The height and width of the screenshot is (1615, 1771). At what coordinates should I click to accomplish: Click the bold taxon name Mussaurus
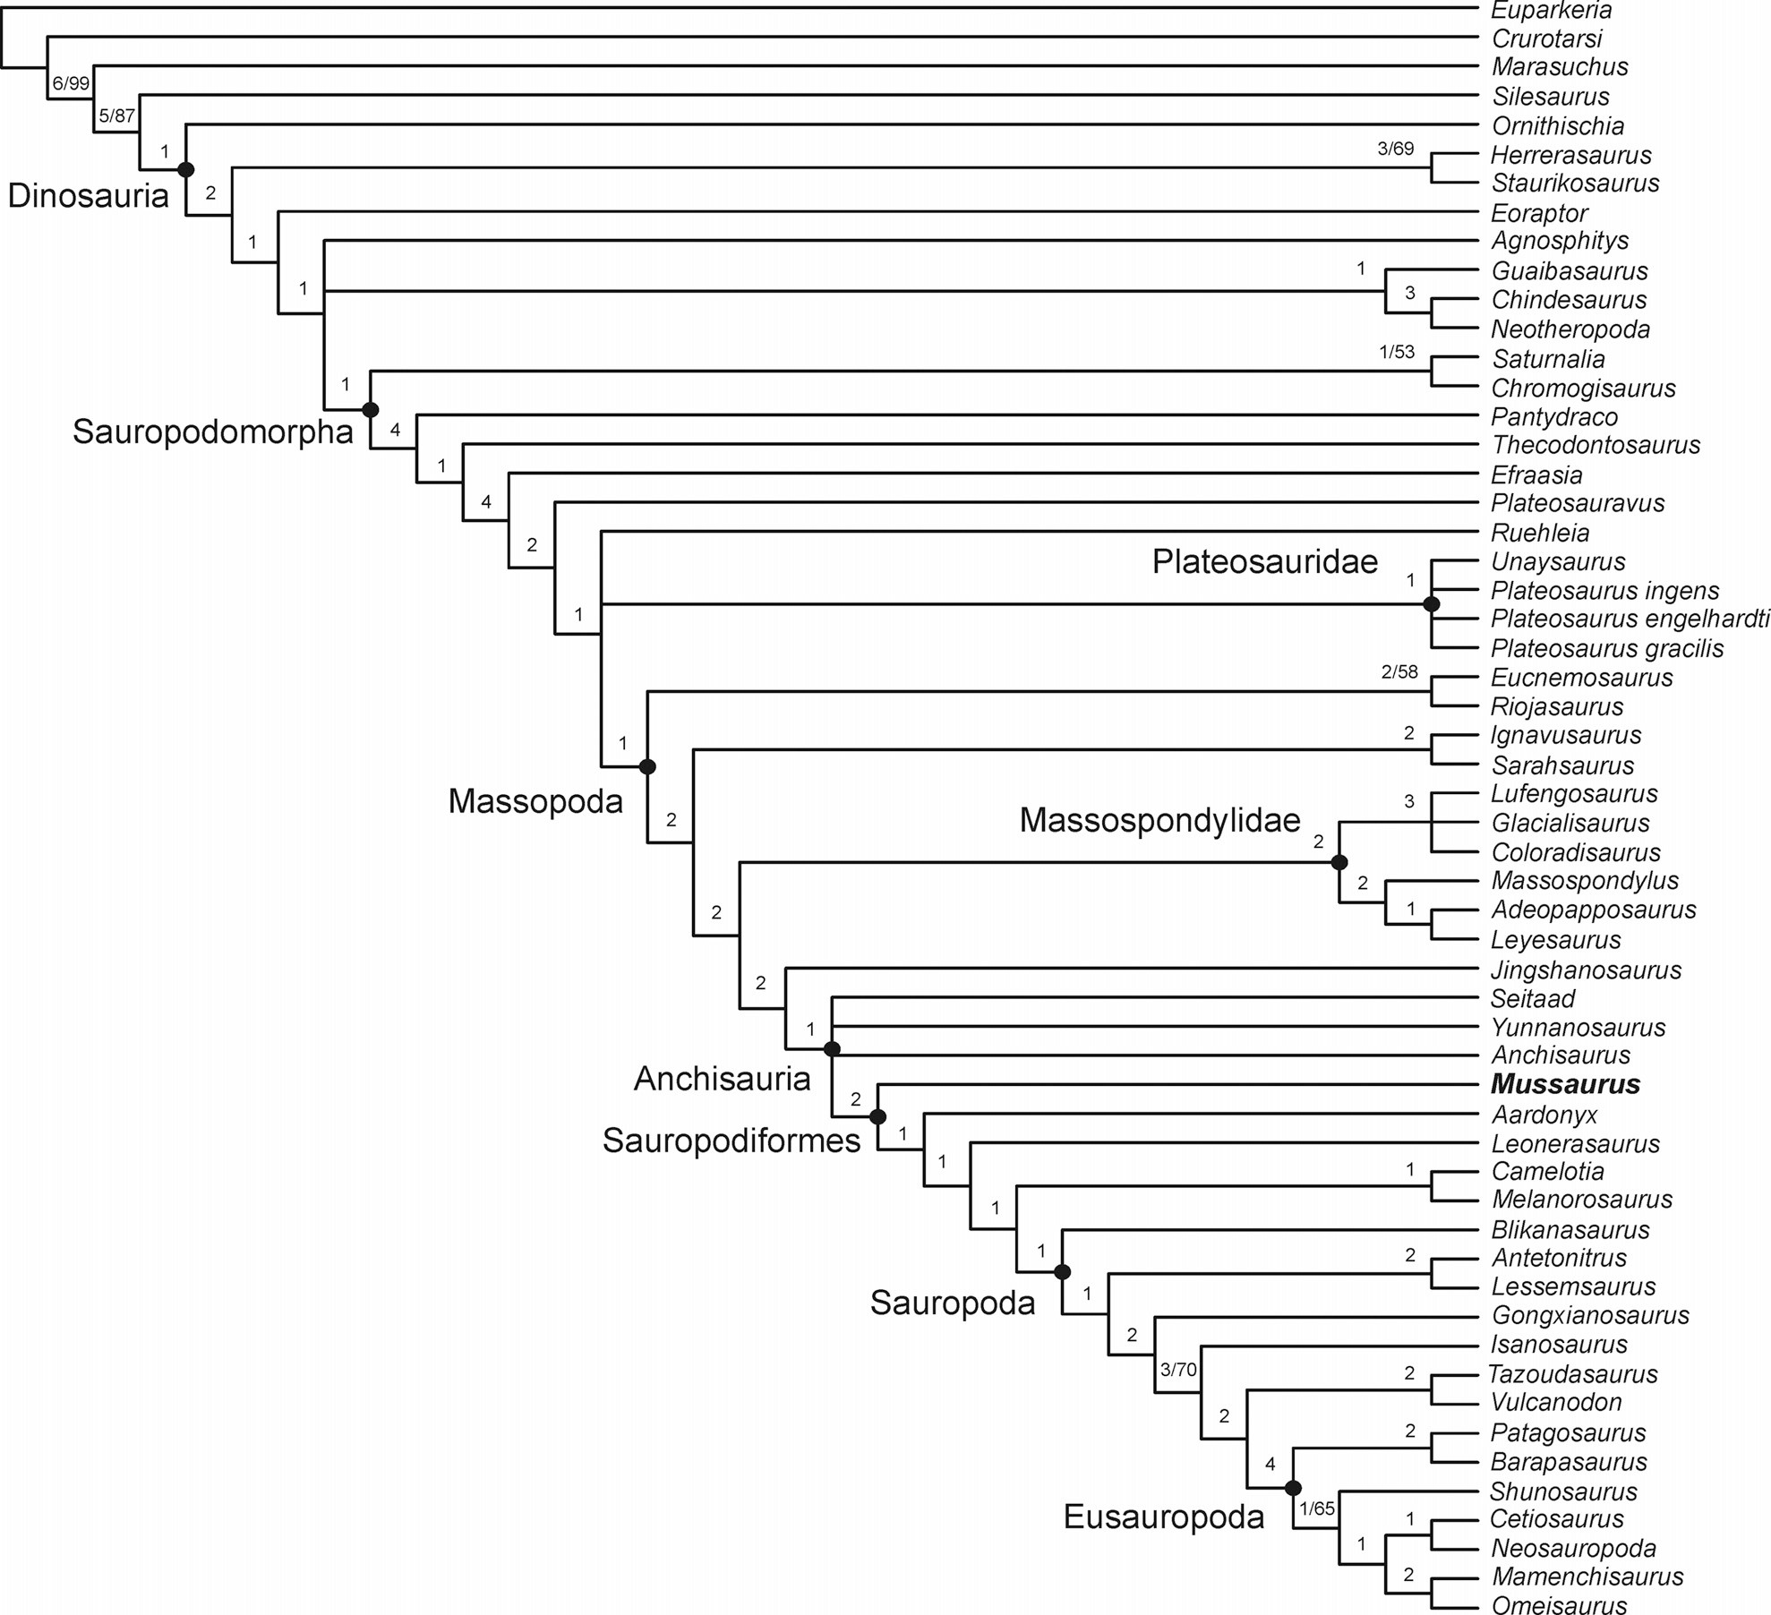point(1565,1084)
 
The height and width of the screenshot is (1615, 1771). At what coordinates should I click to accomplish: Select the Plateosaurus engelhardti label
point(1630,619)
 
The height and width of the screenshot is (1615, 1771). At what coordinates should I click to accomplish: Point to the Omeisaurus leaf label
point(1559,1605)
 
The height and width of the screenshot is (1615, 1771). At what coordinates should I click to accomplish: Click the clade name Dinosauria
point(88,195)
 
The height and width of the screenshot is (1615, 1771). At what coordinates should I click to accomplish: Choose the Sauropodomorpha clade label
point(213,432)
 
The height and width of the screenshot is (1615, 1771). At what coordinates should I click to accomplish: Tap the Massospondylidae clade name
point(1159,820)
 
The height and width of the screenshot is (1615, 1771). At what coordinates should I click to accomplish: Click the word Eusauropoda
point(1163,1517)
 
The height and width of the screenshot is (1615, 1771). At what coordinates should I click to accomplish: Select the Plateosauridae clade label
point(1264,561)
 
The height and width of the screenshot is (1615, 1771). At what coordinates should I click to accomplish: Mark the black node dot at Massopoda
point(647,766)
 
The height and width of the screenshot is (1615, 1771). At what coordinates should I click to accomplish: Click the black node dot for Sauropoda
point(1063,1271)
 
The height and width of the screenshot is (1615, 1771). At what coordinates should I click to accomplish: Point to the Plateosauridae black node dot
point(1431,604)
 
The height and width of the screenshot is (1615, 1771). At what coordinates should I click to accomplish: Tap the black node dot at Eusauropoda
point(1293,1488)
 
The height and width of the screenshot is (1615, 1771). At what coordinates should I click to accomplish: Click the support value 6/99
point(71,83)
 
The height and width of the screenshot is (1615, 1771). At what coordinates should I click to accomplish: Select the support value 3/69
point(1395,149)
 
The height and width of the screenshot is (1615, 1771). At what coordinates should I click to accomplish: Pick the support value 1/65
point(1317,1508)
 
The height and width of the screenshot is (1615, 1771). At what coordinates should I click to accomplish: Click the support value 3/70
point(1178,1369)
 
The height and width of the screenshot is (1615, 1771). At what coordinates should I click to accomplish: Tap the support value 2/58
point(1399,671)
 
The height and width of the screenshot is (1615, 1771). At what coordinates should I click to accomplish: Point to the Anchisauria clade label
point(722,1080)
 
